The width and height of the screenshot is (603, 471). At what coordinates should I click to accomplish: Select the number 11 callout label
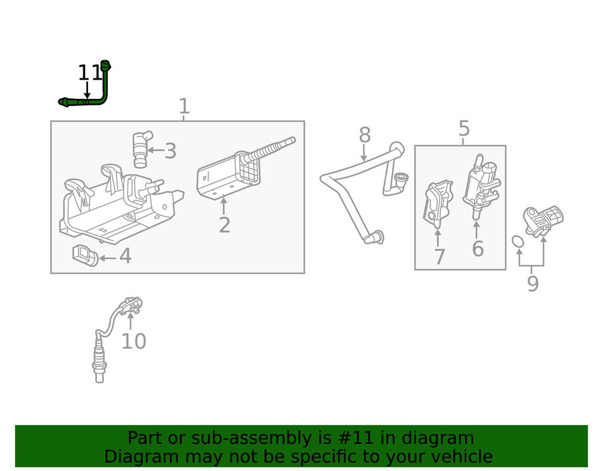point(90,74)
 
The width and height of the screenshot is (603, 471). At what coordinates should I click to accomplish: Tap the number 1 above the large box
point(184,107)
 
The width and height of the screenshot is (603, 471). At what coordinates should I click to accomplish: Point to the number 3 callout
point(171,151)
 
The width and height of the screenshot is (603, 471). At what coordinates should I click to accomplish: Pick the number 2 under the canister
point(224,226)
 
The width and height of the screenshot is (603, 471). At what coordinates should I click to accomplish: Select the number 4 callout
point(125,256)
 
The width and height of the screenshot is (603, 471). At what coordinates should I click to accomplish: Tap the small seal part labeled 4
point(85,255)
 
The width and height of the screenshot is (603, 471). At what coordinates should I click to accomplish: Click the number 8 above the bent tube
point(364,135)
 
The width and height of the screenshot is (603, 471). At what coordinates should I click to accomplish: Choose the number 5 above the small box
point(463,128)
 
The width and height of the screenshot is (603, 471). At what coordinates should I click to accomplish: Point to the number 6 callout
point(478,248)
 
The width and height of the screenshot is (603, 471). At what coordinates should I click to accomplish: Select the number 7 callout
point(439,258)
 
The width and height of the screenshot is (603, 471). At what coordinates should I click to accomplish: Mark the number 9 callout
point(532,283)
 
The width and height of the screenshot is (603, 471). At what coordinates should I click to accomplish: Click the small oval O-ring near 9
point(517,242)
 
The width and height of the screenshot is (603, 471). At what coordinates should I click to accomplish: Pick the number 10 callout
point(133,341)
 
